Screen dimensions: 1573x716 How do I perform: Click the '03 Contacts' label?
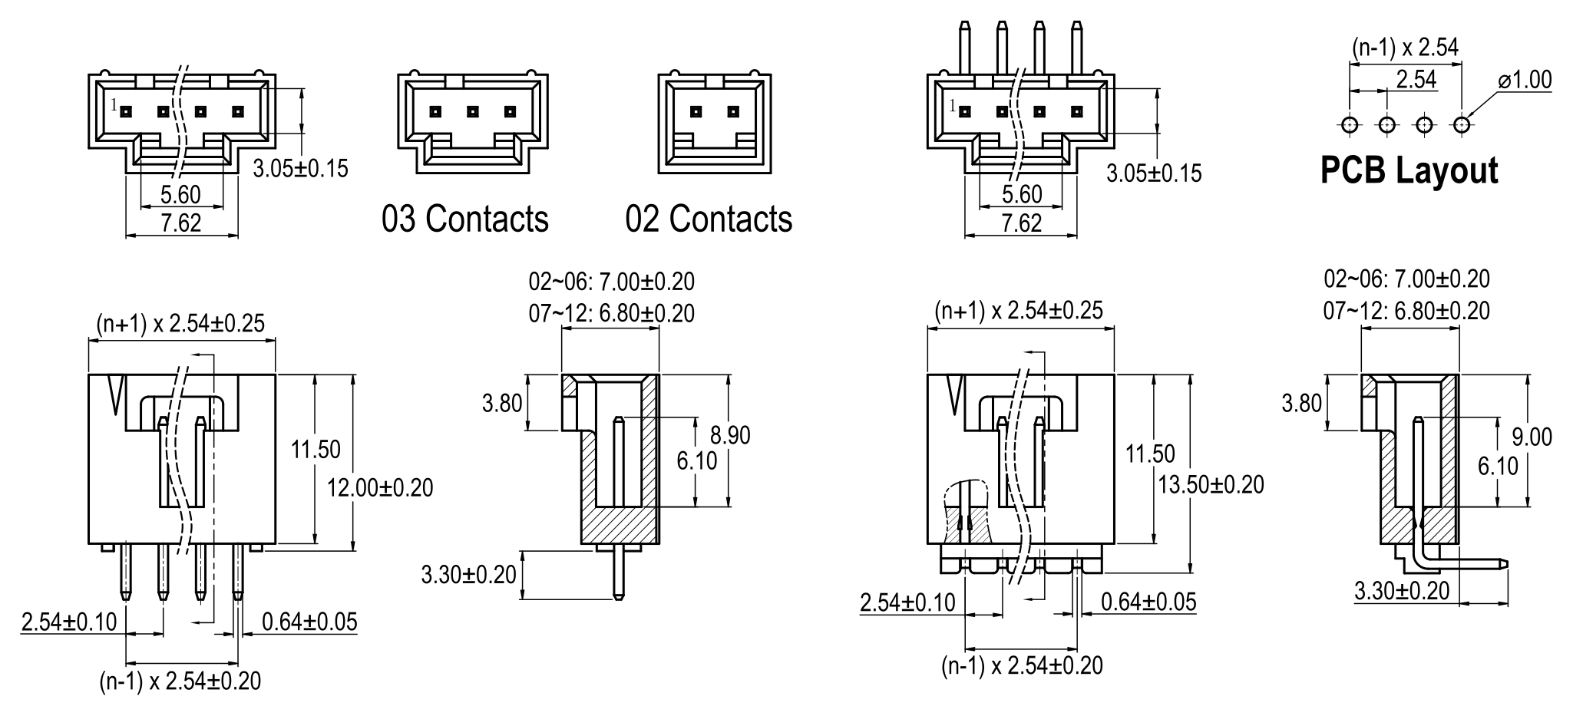point(465,219)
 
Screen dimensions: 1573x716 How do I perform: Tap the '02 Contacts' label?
point(709,219)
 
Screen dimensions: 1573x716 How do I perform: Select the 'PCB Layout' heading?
point(1409,170)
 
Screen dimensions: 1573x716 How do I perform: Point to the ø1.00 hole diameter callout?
point(1524,80)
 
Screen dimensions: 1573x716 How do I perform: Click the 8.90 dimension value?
point(730,435)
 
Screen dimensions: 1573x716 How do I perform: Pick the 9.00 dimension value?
point(1532,437)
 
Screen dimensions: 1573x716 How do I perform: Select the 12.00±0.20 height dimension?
point(380,487)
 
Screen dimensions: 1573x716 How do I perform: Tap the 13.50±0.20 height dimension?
point(1211,484)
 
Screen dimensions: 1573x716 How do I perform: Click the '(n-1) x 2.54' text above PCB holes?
point(1405,48)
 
